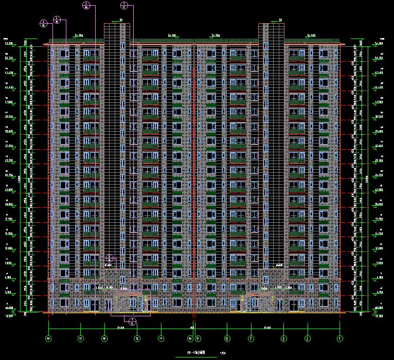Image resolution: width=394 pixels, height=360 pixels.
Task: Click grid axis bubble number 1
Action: [339, 338]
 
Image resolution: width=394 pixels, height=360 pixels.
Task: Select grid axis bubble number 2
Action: [307, 338]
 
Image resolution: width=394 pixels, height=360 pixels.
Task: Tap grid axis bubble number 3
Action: [283, 338]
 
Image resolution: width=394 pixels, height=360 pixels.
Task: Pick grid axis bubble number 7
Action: [251, 338]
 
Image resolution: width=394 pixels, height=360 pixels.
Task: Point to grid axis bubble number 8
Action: [226, 338]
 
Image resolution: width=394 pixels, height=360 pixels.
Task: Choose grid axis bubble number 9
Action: [198, 338]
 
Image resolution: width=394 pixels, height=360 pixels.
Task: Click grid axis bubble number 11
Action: [161, 338]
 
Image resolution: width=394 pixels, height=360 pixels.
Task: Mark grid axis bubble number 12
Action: [137, 338]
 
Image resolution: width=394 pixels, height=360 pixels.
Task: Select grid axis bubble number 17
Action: [80, 338]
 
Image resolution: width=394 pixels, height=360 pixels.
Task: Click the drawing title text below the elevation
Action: [196, 353]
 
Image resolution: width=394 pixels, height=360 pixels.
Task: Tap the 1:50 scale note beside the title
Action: [222, 353]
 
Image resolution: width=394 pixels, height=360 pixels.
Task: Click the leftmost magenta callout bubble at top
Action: [44, 23]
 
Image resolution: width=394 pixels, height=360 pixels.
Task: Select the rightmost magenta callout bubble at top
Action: [124, 6]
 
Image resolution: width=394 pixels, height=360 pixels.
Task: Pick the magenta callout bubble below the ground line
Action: [132, 321]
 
